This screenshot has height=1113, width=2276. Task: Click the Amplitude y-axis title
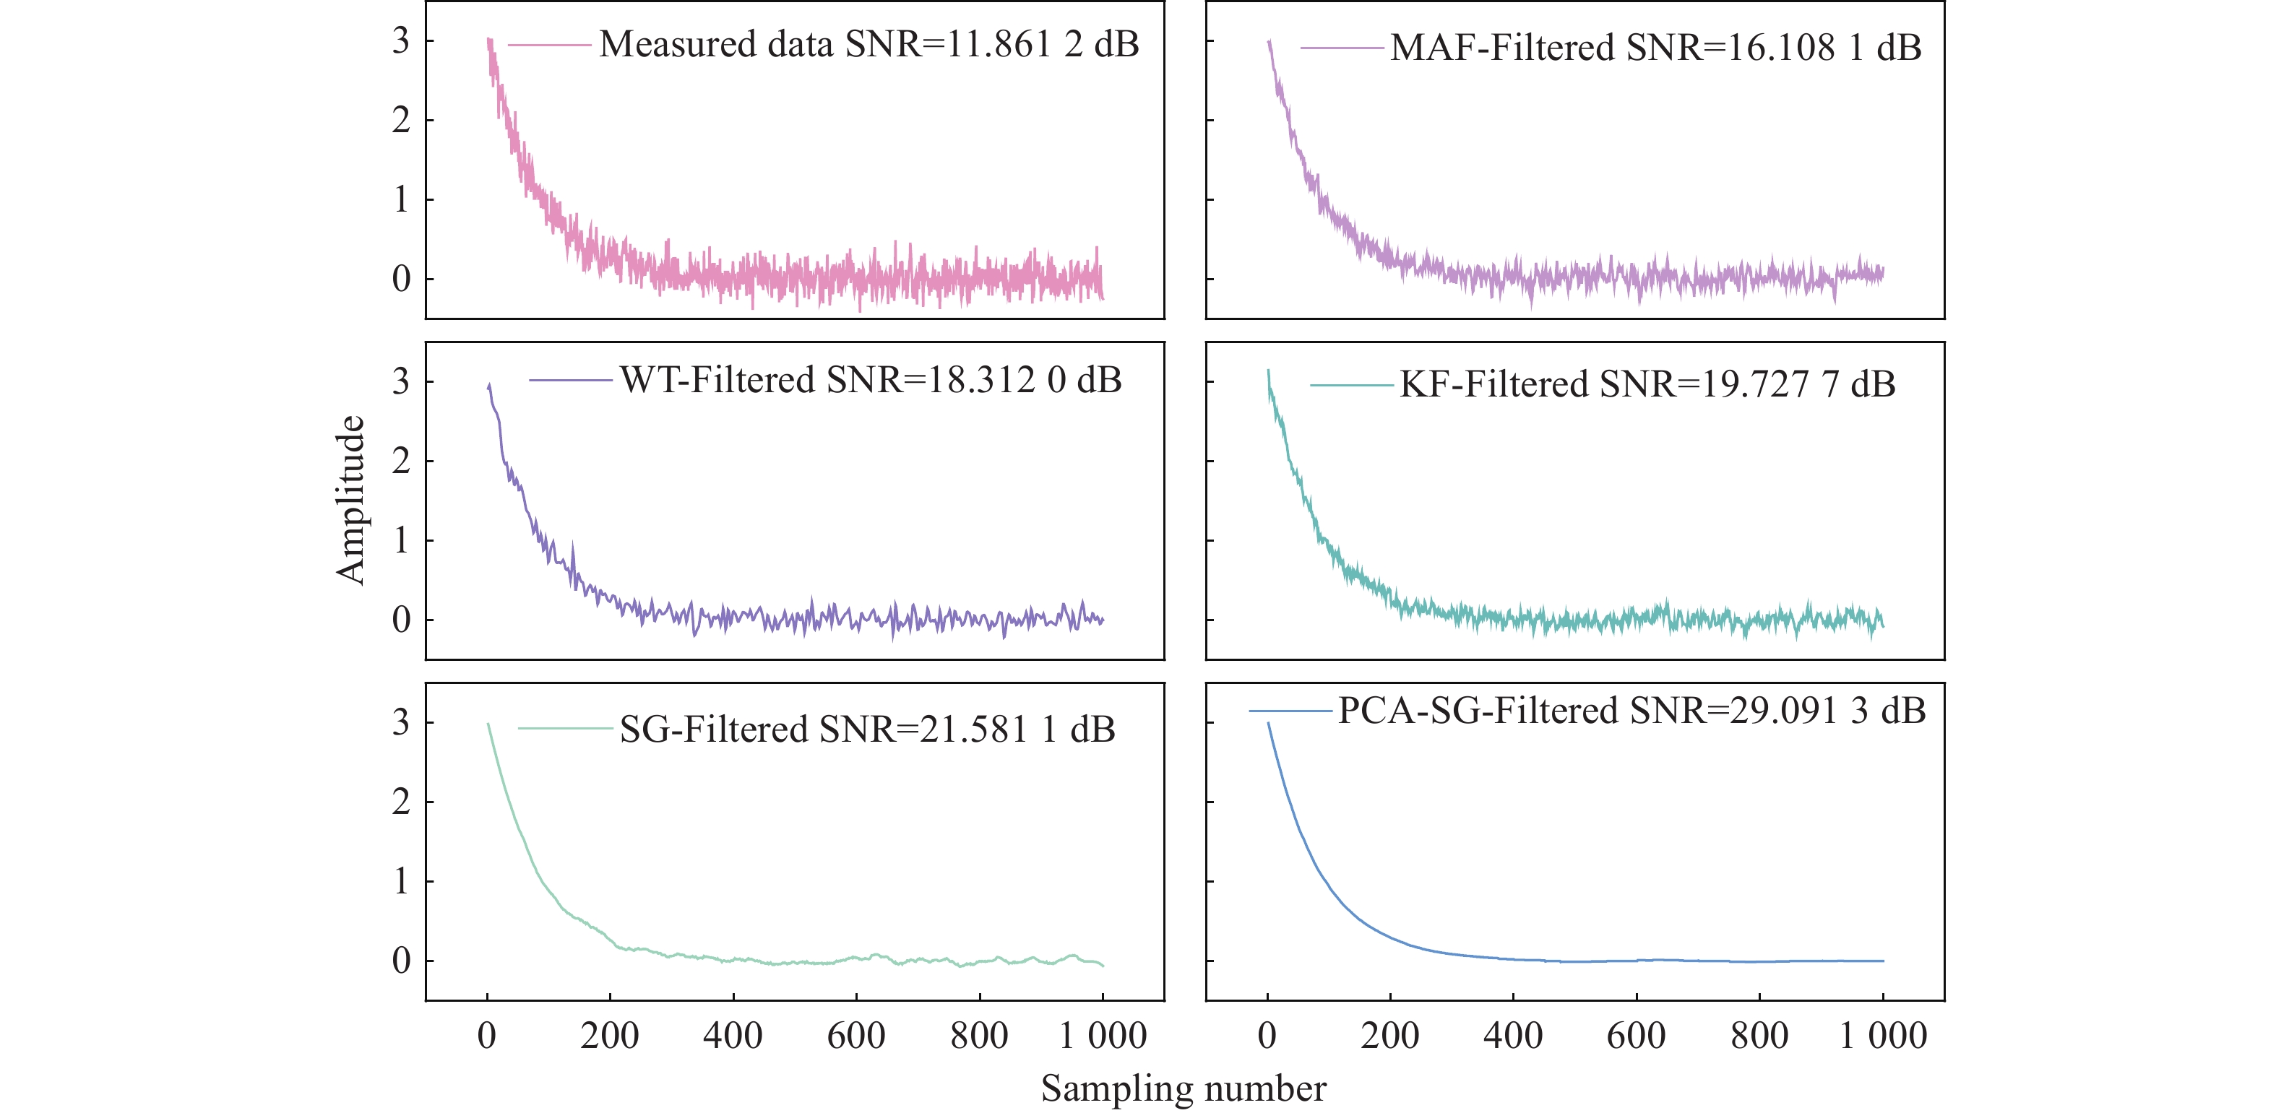(350, 500)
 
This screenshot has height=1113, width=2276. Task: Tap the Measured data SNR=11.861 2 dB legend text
(868, 44)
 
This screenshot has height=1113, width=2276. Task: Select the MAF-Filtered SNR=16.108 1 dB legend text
(1655, 48)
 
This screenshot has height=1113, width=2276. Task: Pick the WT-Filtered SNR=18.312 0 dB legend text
(870, 380)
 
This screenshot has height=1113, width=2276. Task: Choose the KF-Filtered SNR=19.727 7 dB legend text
(1647, 384)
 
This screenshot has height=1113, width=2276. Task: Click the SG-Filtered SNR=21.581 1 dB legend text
(867, 729)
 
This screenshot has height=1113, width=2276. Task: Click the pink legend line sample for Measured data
(548, 44)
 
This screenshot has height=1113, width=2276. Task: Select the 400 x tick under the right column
(1512, 1035)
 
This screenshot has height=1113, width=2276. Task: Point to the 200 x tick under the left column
(610, 1035)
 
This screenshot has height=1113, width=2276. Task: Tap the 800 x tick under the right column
(1759, 1035)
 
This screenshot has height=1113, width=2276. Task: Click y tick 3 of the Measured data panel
(401, 40)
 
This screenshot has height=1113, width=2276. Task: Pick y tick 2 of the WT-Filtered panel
(401, 461)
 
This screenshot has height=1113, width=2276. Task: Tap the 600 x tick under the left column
(855, 1035)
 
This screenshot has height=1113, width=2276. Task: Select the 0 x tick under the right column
(1267, 1035)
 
